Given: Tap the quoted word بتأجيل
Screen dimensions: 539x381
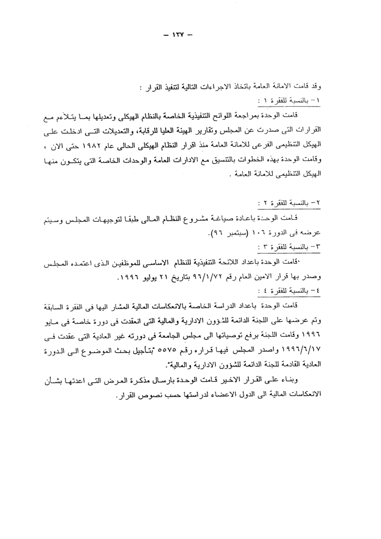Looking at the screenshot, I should [x=158, y=349].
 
